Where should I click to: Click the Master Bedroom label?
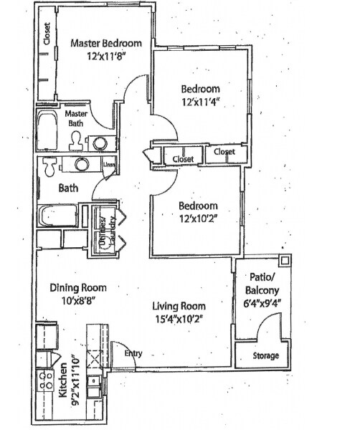(x=106, y=43)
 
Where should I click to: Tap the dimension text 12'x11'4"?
(x=199, y=102)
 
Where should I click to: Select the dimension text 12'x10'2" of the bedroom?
(x=198, y=219)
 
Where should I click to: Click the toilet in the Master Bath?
(x=75, y=142)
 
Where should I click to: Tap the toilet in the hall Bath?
(x=49, y=167)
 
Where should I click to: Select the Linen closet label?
(x=109, y=165)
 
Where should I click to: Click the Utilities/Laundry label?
(x=103, y=231)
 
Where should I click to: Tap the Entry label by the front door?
(x=133, y=354)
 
